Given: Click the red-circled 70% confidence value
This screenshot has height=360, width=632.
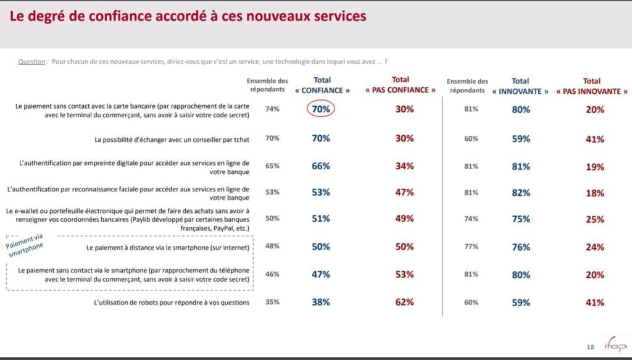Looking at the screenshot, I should click(x=322, y=109).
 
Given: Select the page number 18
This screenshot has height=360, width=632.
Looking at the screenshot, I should click(x=591, y=347).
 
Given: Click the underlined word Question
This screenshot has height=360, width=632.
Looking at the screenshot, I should click(x=32, y=61).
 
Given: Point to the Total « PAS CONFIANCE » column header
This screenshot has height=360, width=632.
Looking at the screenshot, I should click(x=401, y=85).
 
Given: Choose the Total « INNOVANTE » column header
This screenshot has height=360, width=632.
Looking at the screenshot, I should click(x=521, y=85).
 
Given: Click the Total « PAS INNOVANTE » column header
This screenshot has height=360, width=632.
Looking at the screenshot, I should click(x=591, y=85).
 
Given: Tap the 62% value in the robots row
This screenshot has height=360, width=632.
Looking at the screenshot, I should click(x=404, y=303).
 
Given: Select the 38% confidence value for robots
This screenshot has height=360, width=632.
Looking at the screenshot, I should click(x=322, y=303).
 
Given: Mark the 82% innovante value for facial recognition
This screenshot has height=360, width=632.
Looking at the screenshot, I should click(x=521, y=193).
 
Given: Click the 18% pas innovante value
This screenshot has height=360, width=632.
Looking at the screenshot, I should click(x=595, y=193).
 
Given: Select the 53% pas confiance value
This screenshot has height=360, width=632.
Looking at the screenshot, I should click(x=404, y=275).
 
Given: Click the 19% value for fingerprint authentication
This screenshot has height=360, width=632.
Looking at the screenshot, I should click(x=595, y=166).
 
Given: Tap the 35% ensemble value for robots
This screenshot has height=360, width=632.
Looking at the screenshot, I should click(x=272, y=303).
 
